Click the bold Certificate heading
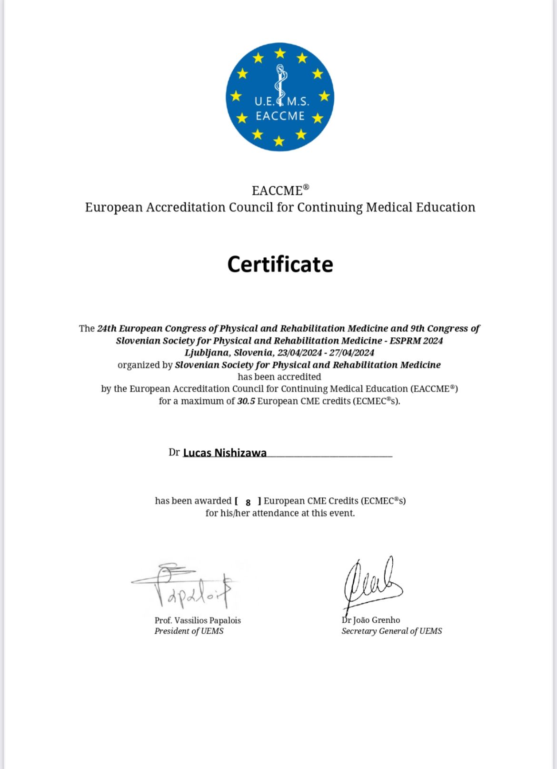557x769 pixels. tap(280, 264)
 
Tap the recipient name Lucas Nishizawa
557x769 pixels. tap(225, 453)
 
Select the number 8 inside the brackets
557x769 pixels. tap(248, 502)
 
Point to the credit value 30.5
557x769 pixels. tap(246, 401)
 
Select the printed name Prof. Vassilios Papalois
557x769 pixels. tap(198, 620)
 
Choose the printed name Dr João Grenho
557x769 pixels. tap(371, 620)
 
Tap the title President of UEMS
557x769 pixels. tap(189, 631)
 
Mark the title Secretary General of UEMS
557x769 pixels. tap(391, 631)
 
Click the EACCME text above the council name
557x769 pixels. tap(278, 191)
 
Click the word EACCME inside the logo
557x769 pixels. tap(280, 116)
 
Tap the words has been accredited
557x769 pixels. tap(279, 377)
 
